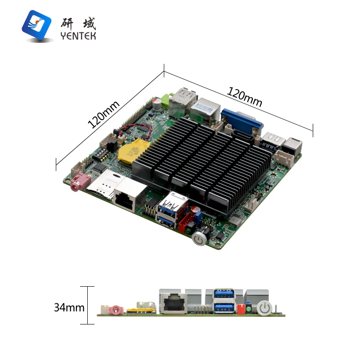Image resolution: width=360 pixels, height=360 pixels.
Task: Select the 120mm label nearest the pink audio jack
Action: pos(104,114)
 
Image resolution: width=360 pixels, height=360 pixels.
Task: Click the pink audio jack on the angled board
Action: pos(78,183)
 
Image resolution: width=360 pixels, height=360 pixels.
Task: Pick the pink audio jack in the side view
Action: pos(116,310)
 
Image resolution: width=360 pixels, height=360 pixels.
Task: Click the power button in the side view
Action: pos(265,308)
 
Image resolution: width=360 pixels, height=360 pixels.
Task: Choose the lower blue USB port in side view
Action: pos(224,308)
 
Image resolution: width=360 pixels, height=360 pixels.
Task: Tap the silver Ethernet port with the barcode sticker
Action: pos(205,110)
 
